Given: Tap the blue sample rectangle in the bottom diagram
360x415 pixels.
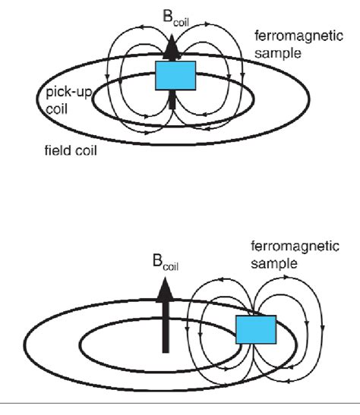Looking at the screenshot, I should (x=254, y=330).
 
